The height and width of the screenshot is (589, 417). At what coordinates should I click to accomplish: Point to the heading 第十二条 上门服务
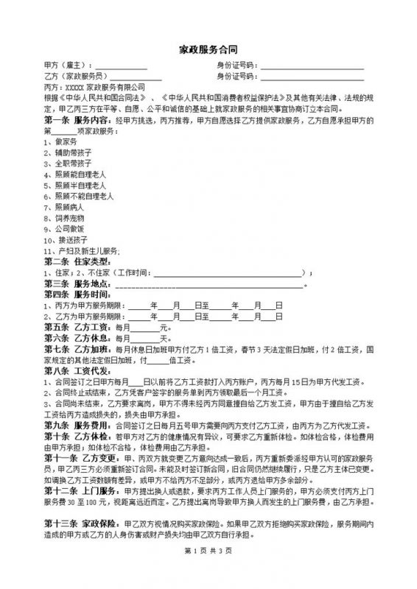[x=80, y=491]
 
